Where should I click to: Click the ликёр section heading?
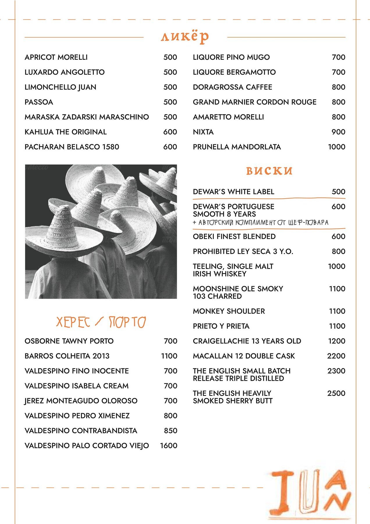click(185, 37)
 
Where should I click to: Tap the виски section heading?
click(269, 171)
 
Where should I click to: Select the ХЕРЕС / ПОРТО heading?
click(101, 322)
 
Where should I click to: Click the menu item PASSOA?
click(39, 102)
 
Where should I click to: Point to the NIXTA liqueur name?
click(203, 132)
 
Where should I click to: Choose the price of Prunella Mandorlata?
click(337, 147)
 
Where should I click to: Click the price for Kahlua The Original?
click(170, 132)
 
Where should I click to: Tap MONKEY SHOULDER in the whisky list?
click(229, 311)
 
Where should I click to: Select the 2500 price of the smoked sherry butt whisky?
click(336, 393)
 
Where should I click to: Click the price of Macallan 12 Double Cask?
click(336, 356)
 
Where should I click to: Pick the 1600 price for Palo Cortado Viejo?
click(169, 446)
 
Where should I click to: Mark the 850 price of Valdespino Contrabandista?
click(170, 431)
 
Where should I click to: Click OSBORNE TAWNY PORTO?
click(69, 341)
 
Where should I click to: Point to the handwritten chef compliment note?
click(261, 223)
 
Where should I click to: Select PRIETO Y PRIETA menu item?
click(221, 326)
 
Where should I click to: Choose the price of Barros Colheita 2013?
click(169, 356)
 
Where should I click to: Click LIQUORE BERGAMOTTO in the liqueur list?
click(234, 72)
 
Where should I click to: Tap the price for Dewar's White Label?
click(339, 192)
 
